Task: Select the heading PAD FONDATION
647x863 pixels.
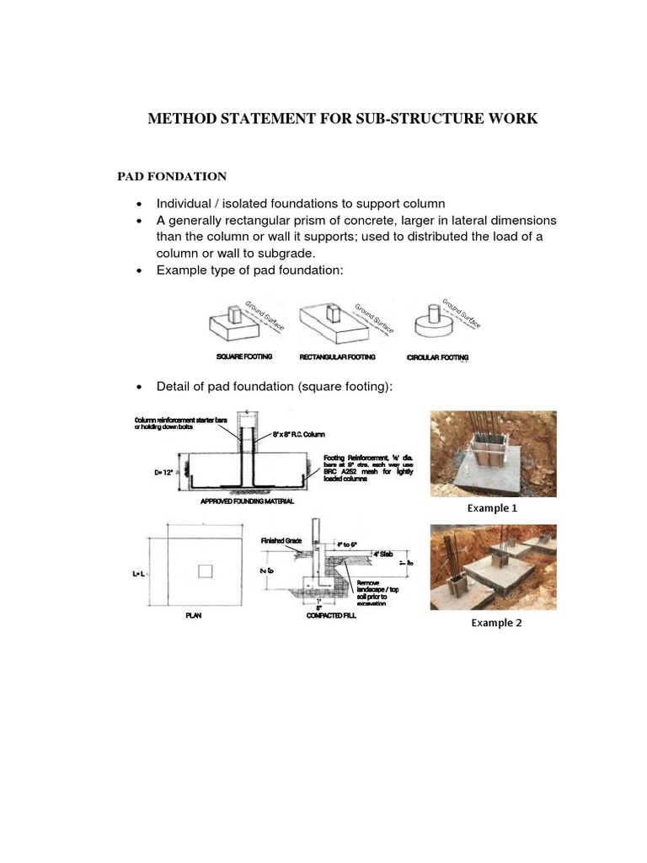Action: [171, 176]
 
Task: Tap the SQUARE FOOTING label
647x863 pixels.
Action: [244, 357]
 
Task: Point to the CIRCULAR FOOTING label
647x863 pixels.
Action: [437, 357]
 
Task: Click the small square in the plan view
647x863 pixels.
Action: [205, 572]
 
